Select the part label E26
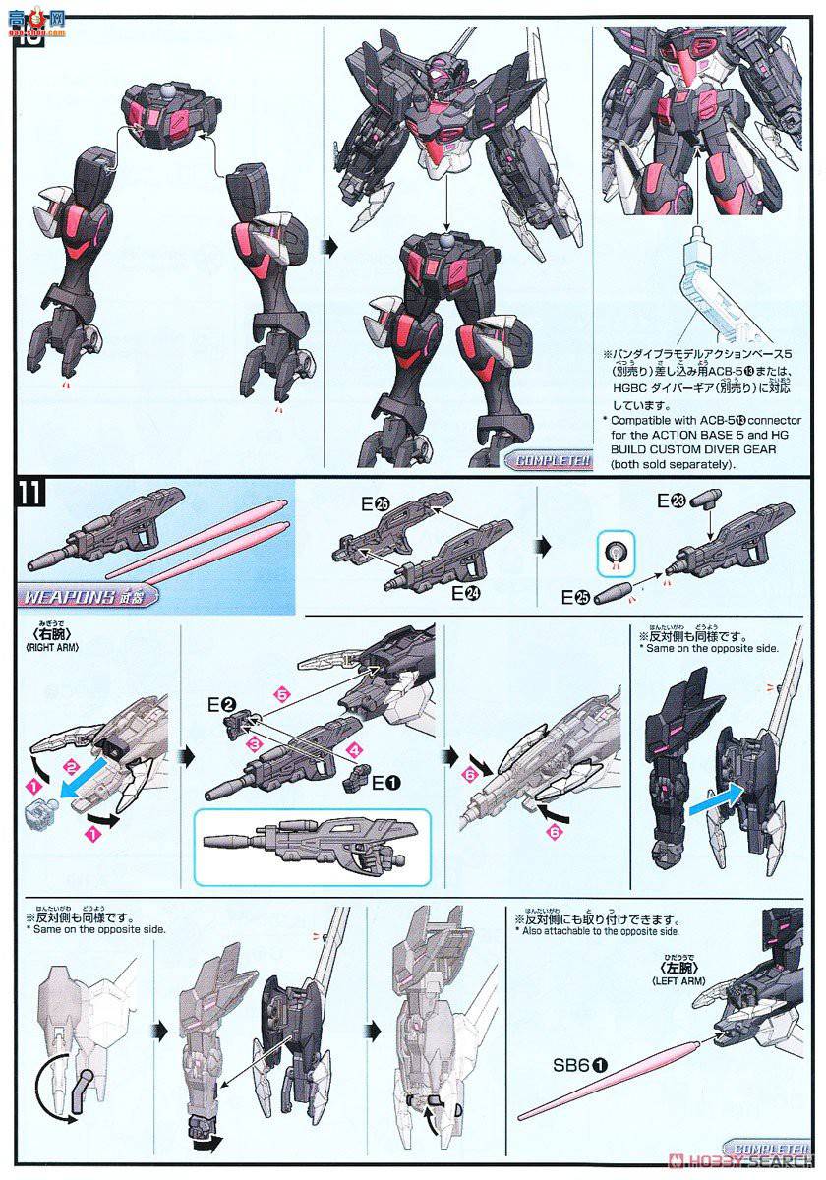(376, 504)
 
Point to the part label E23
(670, 501)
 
